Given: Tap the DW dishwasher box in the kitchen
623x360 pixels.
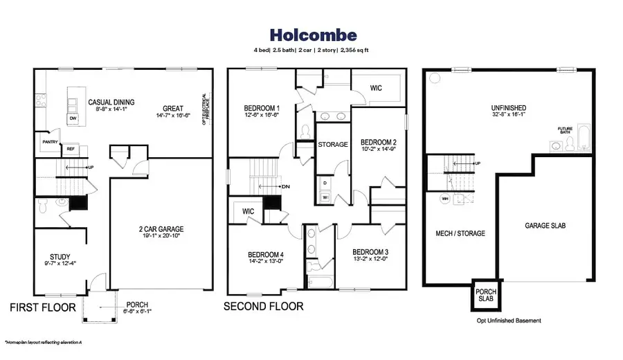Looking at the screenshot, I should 73,118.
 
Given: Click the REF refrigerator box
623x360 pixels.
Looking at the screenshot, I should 71,148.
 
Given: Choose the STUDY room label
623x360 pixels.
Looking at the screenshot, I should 60,255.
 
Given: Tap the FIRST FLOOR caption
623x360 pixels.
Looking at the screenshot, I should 42,306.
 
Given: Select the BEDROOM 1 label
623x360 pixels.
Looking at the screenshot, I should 262,108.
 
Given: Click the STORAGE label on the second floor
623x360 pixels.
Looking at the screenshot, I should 332,145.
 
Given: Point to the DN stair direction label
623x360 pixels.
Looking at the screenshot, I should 285,187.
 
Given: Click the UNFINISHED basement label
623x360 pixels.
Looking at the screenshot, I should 508,108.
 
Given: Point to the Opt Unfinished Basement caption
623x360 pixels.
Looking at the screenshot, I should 508,321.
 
